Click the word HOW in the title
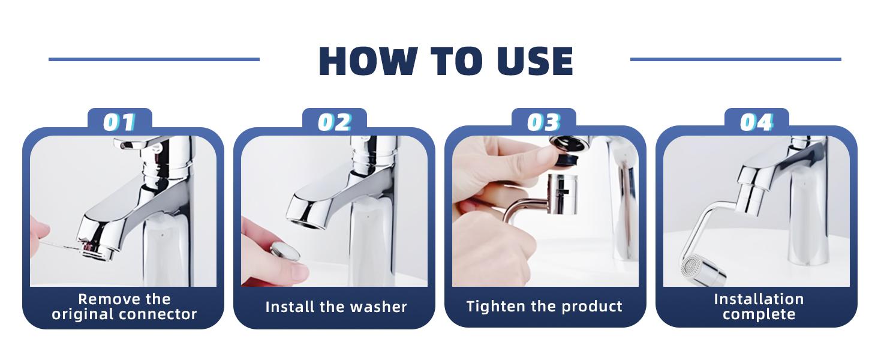[366, 61]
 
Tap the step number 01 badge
[119, 122]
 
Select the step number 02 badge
[334, 122]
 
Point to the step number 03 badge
[543, 122]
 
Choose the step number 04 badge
[756, 122]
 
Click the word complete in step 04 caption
[759, 314]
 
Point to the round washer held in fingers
[285, 251]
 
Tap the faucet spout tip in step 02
[306, 217]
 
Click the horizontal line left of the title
[154, 59]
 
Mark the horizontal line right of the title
[735, 59]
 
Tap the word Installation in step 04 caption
[759, 299]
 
